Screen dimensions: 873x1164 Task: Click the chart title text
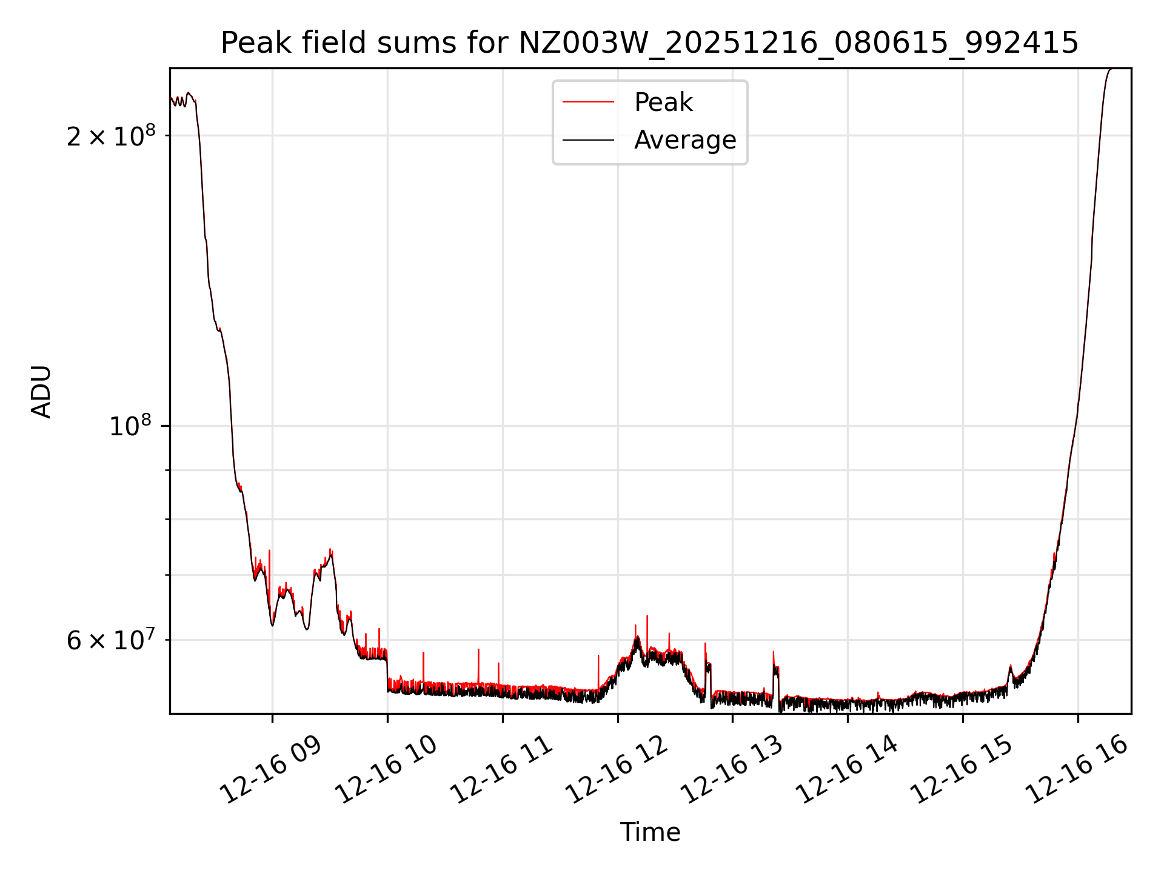pyautogui.click(x=649, y=43)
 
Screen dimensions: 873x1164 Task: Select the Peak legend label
pyautogui.click(x=663, y=102)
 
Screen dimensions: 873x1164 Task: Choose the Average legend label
pyautogui.click(x=685, y=140)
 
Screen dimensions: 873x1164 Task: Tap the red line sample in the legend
pyautogui.click(x=588, y=102)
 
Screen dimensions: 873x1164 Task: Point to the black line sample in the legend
pyautogui.click(x=588, y=140)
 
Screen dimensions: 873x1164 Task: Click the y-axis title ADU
pyautogui.click(x=41, y=391)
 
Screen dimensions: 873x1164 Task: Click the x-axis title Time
pyautogui.click(x=650, y=832)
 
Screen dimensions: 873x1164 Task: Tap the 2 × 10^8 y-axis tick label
pyautogui.click(x=111, y=136)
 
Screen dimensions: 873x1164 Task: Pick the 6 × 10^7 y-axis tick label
pyautogui.click(x=111, y=640)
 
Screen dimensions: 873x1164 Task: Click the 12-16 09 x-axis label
pyautogui.click(x=271, y=771)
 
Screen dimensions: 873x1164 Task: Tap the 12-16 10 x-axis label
pyautogui.click(x=386, y=771)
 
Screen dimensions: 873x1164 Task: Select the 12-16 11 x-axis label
pyautogui.click(x=501, y=771)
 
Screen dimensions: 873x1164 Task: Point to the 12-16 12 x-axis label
pyautogui.click(x=617, y=771)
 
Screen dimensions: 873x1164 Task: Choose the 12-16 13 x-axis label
pyautogui.click(x=732, y=771)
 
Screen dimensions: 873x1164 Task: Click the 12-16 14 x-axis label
pyautogui.click(x=847, y=771)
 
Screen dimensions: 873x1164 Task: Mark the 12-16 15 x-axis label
pyautogui.click(x=962, y=771)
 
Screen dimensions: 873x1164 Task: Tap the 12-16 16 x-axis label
pyautogui.click(x=1077, y=771)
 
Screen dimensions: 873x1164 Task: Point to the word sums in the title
pyautogui.click(x=419, y=43)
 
